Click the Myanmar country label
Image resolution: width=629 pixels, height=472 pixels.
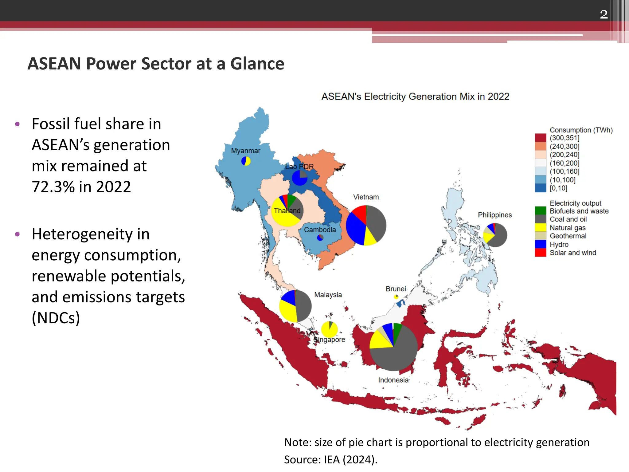245,151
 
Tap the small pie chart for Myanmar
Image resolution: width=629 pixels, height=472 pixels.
246,161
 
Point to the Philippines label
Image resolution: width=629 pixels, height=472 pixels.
494,215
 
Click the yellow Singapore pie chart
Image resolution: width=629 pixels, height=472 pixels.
329,330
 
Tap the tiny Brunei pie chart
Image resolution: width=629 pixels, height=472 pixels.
396,297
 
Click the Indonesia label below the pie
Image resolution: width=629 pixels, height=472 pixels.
393,380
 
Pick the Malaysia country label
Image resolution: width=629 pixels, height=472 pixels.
328,295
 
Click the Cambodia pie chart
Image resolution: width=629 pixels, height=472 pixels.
320,238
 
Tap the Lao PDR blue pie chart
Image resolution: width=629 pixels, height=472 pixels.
299,178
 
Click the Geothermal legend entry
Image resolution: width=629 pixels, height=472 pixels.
568,236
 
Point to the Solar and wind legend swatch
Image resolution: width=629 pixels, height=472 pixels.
540,253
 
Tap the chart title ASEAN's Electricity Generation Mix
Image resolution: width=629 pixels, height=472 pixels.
415,96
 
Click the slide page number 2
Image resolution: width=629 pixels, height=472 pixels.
604,14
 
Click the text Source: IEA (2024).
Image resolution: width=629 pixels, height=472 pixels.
330,460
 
